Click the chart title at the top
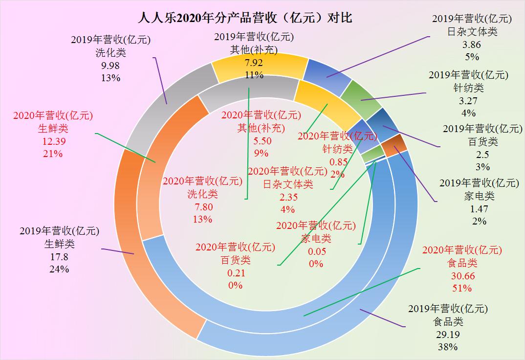[245, 19]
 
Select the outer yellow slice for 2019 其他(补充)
[259, 64]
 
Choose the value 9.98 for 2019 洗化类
[110, 66]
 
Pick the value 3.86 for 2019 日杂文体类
[472, 44]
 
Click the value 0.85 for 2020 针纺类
[338, 162]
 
